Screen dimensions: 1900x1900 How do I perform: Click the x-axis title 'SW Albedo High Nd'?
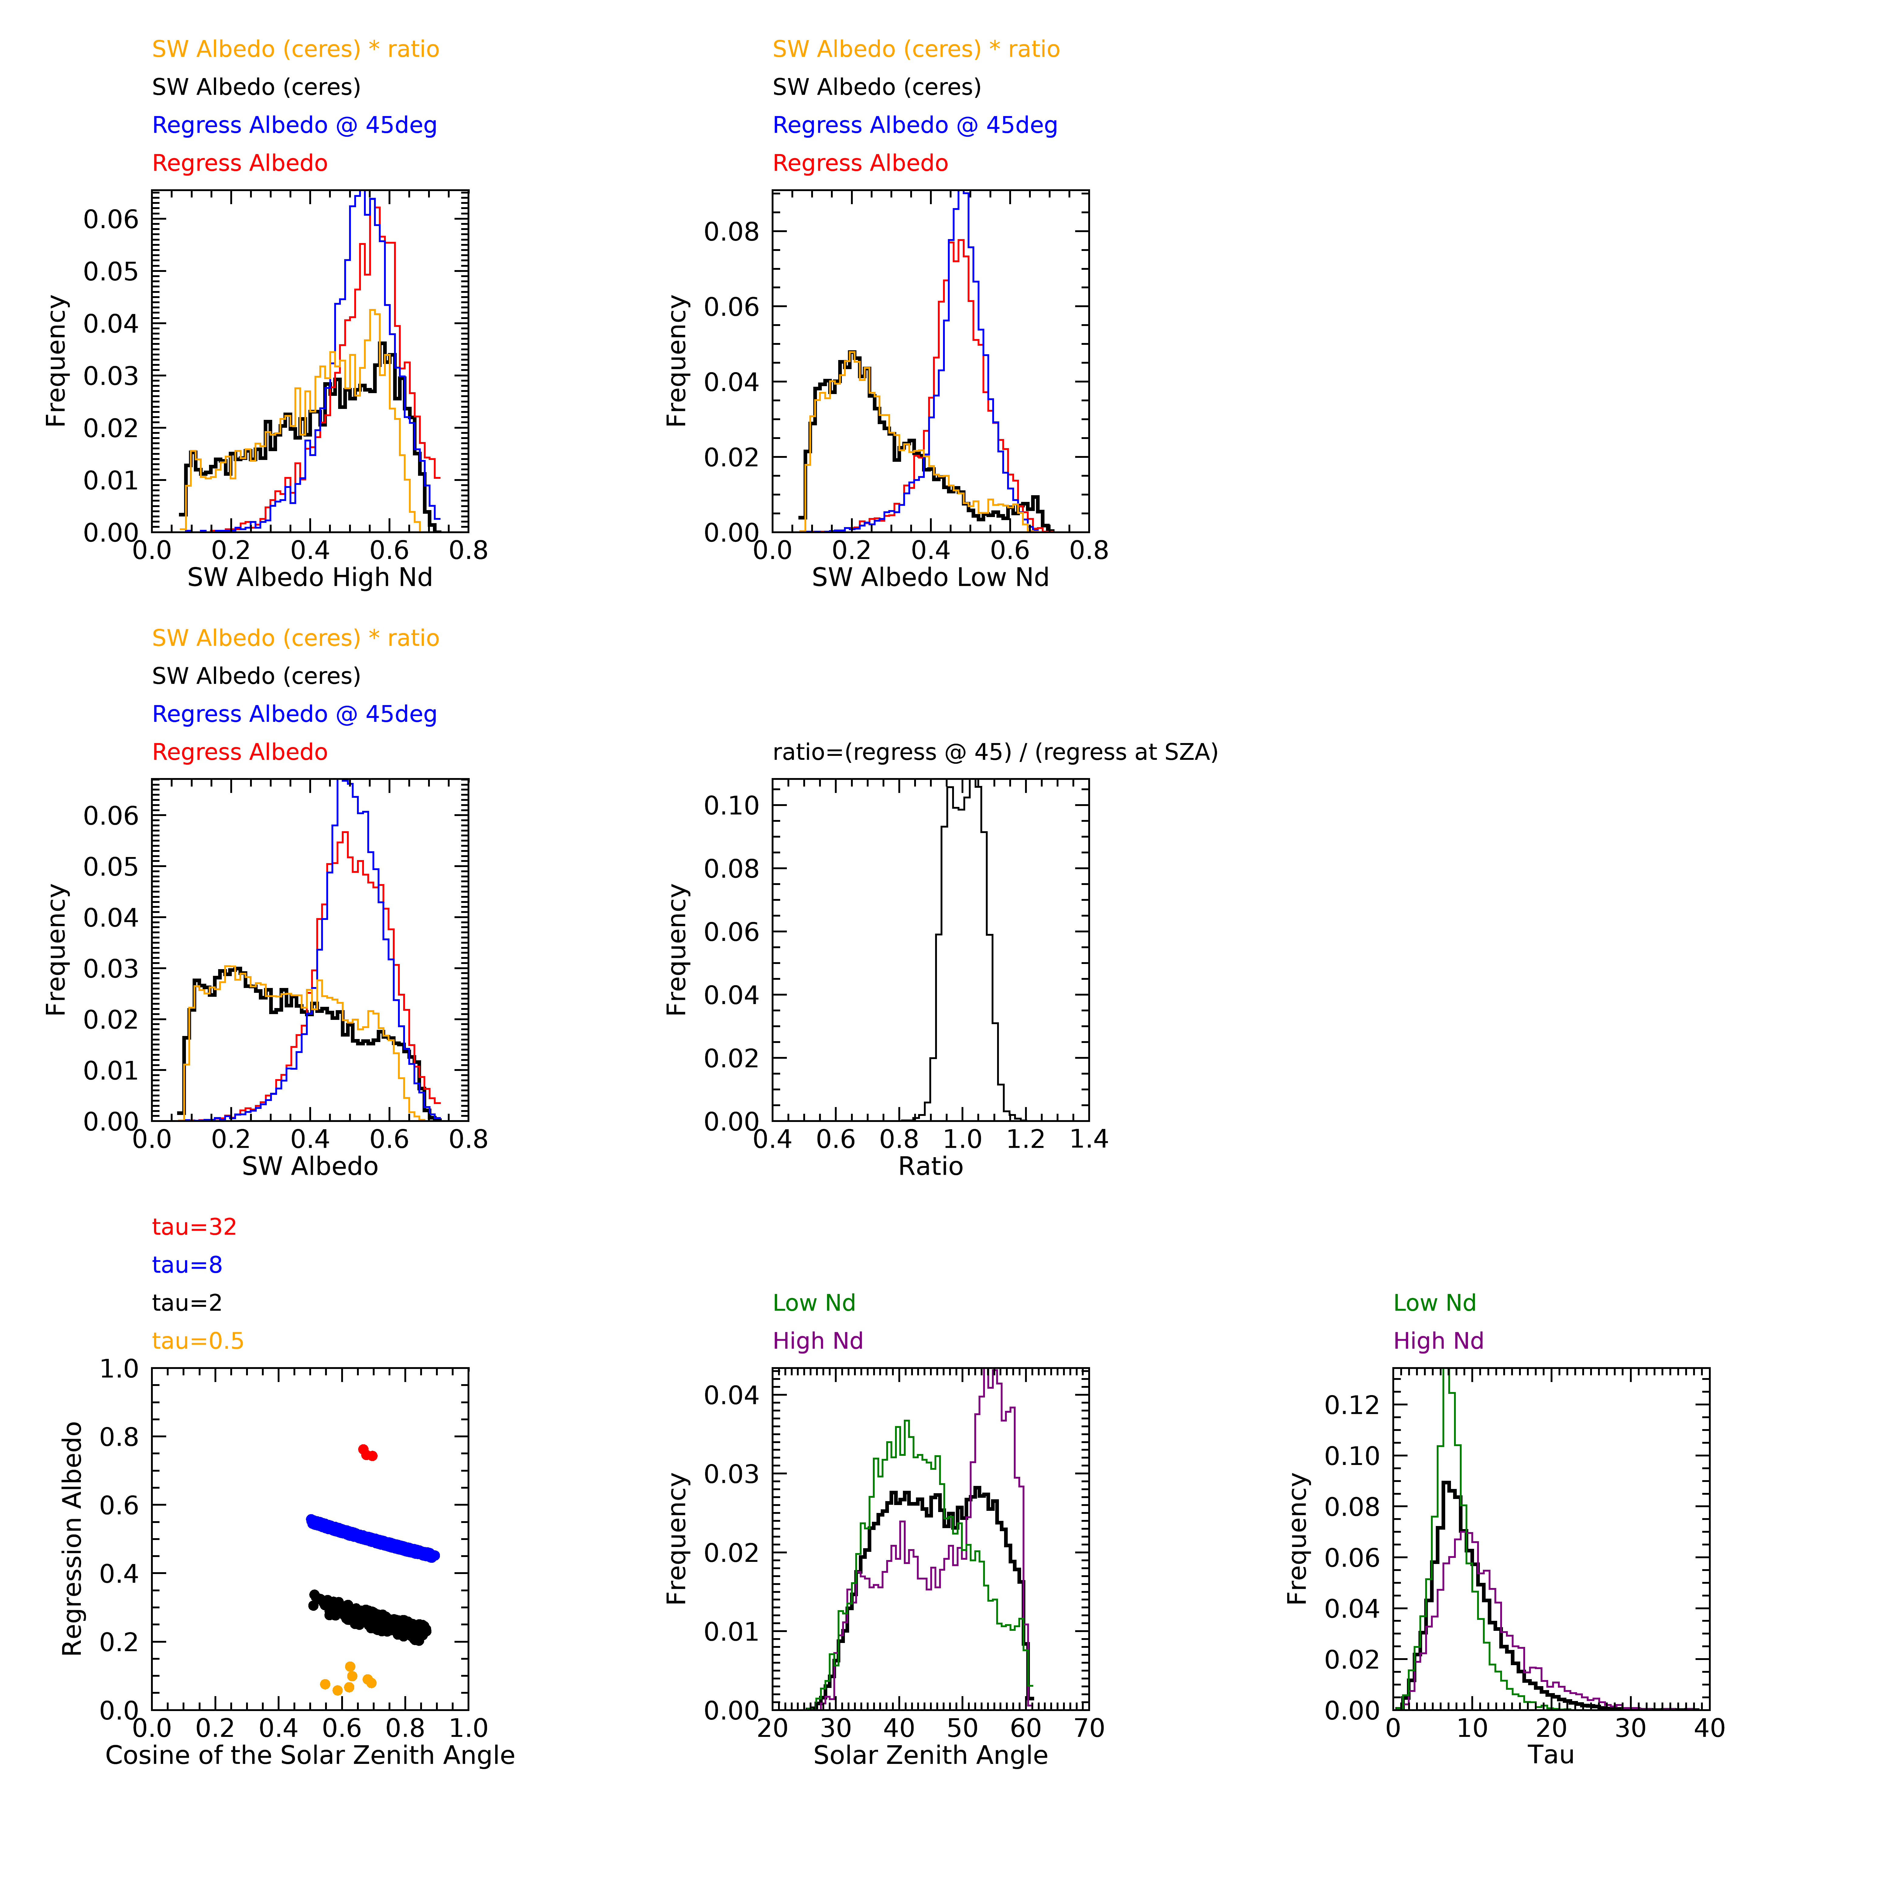[310, 577]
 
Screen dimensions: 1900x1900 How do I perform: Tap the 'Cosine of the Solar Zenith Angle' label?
[310, 1755]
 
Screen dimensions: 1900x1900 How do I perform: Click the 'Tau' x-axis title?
[1551, 1755]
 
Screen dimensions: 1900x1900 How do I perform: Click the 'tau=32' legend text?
[195, 1227]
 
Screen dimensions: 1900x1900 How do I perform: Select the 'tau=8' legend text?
[187, 1266]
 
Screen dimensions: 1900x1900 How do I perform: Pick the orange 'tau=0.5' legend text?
[198, 1341]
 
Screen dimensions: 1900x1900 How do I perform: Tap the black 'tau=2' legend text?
[187, 1303]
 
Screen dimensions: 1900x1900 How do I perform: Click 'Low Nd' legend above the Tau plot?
[1435, 1303]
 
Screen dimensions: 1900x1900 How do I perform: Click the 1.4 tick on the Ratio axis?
[1089, 1140]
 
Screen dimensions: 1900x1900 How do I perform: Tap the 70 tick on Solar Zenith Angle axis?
[1089, 1729]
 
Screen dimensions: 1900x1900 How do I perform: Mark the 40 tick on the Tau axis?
[1709, 1729]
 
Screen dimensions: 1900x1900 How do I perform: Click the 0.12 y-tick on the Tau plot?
[1352, 1405]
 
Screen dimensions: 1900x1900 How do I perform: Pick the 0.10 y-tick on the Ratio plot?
[732, 805]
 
